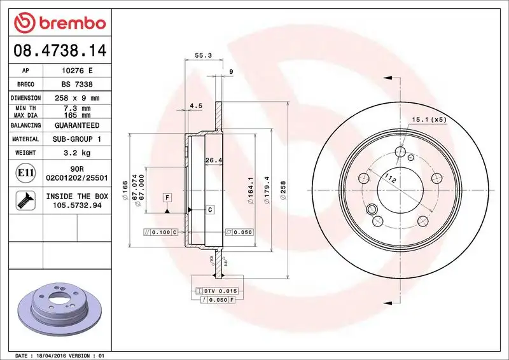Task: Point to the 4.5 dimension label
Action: (196, 106)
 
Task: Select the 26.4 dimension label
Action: (213, 160)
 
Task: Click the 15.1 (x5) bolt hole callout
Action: (429, 119)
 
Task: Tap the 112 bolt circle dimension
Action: (391, 181)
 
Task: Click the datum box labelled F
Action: (167, 197)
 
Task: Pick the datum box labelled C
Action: (209, 209)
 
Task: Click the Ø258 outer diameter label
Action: (284, 190)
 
